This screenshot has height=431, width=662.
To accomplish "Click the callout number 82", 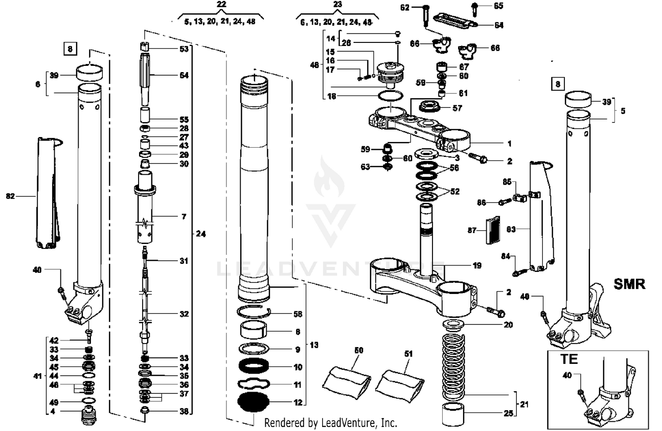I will coord(10,196).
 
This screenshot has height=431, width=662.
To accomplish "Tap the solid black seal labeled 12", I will coord(253,402).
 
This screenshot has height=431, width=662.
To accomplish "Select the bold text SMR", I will coord(629,284).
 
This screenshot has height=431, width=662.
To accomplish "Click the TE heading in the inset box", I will coord(569,359).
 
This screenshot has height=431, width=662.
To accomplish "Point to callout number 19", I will coord(477,265).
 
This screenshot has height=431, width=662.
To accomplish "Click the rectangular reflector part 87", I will coord(491,230).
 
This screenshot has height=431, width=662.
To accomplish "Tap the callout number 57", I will coord(457,108).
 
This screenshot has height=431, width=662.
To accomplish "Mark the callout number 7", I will coord(184,217).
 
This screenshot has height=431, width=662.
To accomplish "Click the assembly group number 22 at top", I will coord(222,4).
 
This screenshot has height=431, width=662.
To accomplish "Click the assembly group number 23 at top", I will coord(337,4).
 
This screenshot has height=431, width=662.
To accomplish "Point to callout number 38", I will coord(184,411).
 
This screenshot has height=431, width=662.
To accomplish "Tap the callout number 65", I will coord(498,6).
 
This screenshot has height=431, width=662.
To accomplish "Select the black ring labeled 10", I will coord(253,366).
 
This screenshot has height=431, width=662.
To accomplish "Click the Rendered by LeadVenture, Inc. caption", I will coord(331,423).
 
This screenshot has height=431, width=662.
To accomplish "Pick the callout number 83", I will coord(511,229).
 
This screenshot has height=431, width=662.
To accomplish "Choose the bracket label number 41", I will coord(38,376).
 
